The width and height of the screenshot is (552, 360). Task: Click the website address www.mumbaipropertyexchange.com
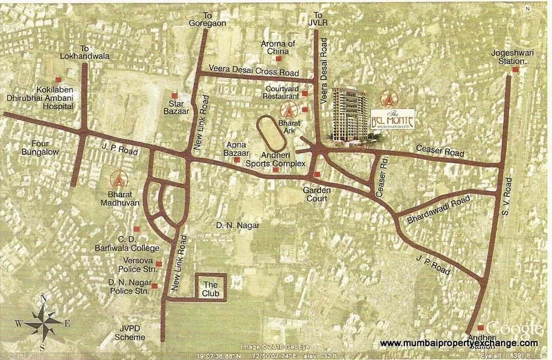[x=459, y=343]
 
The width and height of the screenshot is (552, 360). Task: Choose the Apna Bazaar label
[x=237, y=148]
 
